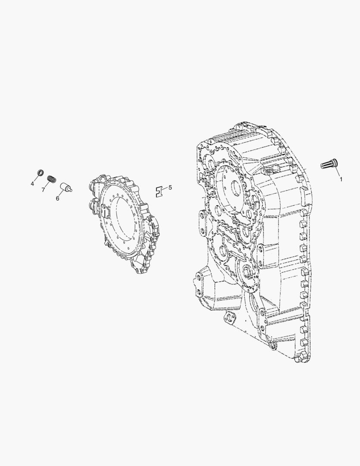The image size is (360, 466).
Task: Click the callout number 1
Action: coord(341,179)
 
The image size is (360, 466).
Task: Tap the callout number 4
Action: coord(32,184)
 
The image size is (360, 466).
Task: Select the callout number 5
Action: coord(170,188)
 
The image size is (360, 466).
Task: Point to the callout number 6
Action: coord(57,198)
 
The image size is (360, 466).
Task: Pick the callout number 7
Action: coord(44,189)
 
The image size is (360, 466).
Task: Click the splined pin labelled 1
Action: coord(328,164)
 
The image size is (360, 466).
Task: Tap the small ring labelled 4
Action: coord(40,172)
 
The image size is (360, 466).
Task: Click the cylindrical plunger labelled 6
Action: coord(66,187)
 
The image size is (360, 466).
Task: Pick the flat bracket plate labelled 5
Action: coord(160,192)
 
